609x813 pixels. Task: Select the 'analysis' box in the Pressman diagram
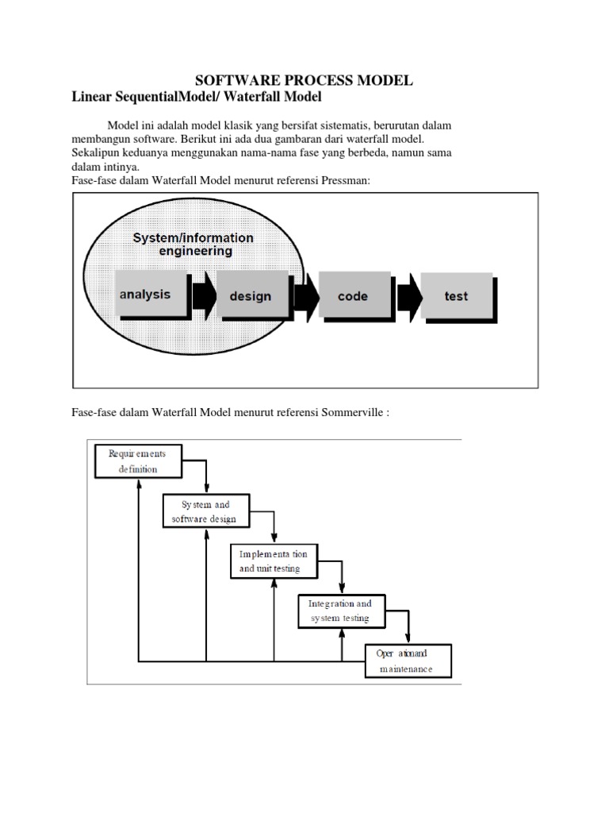tap(150, 295)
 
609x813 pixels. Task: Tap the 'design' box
tap(251, 296)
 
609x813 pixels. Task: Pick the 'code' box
tap(354, 296)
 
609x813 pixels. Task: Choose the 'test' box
tap(457, 296)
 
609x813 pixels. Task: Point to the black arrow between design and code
tap(305, 295)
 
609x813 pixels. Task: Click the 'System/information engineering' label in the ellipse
tap(193, 244)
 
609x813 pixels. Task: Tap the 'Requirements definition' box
tap(138, 460)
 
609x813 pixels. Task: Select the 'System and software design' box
tap(205, 511)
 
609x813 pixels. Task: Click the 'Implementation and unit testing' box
tap(274, 561)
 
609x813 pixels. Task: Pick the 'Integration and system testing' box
tap(340, 611)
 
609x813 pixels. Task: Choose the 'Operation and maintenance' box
tap(408, 661)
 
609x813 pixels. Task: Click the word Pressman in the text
tap(345, 181)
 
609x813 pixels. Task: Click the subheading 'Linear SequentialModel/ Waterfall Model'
tap(196, 97)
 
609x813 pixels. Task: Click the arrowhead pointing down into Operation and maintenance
tap(408, 638)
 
